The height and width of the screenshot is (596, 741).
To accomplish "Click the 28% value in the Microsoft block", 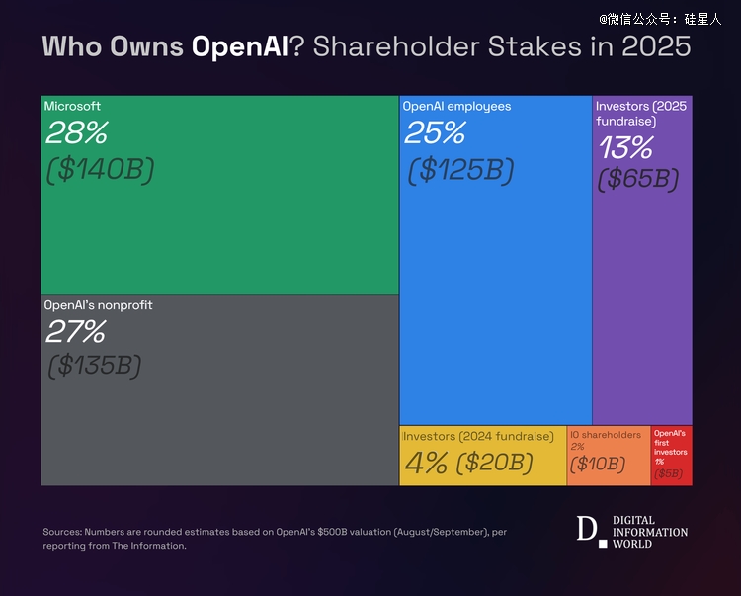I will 76,132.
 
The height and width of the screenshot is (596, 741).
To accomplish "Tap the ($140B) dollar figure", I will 101,170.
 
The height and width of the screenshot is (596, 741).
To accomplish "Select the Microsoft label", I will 72,106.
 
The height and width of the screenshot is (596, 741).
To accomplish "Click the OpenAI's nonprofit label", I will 98,305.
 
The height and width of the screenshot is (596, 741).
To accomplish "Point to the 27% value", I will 75,331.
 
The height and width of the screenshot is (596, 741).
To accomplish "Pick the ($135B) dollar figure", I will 95,365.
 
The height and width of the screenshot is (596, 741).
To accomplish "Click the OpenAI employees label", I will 456,106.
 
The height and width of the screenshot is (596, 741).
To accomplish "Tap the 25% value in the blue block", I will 434,132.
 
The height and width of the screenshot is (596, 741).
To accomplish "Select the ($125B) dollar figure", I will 460,170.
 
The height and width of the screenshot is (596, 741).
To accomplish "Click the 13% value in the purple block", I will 625,148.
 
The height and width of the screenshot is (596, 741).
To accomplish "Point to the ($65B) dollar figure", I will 638,179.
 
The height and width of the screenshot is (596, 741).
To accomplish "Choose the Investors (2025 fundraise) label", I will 641,113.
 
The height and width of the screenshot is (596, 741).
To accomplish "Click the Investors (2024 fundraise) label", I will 478,436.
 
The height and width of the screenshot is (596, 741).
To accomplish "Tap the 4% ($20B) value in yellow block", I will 468,462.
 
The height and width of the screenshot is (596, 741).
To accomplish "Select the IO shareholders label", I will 606,435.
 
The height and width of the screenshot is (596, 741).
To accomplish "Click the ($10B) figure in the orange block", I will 598,464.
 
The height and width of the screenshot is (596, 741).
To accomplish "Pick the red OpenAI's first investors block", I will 671,456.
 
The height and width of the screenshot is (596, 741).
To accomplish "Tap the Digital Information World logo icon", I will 589,530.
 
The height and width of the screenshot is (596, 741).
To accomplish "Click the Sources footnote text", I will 275,538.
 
